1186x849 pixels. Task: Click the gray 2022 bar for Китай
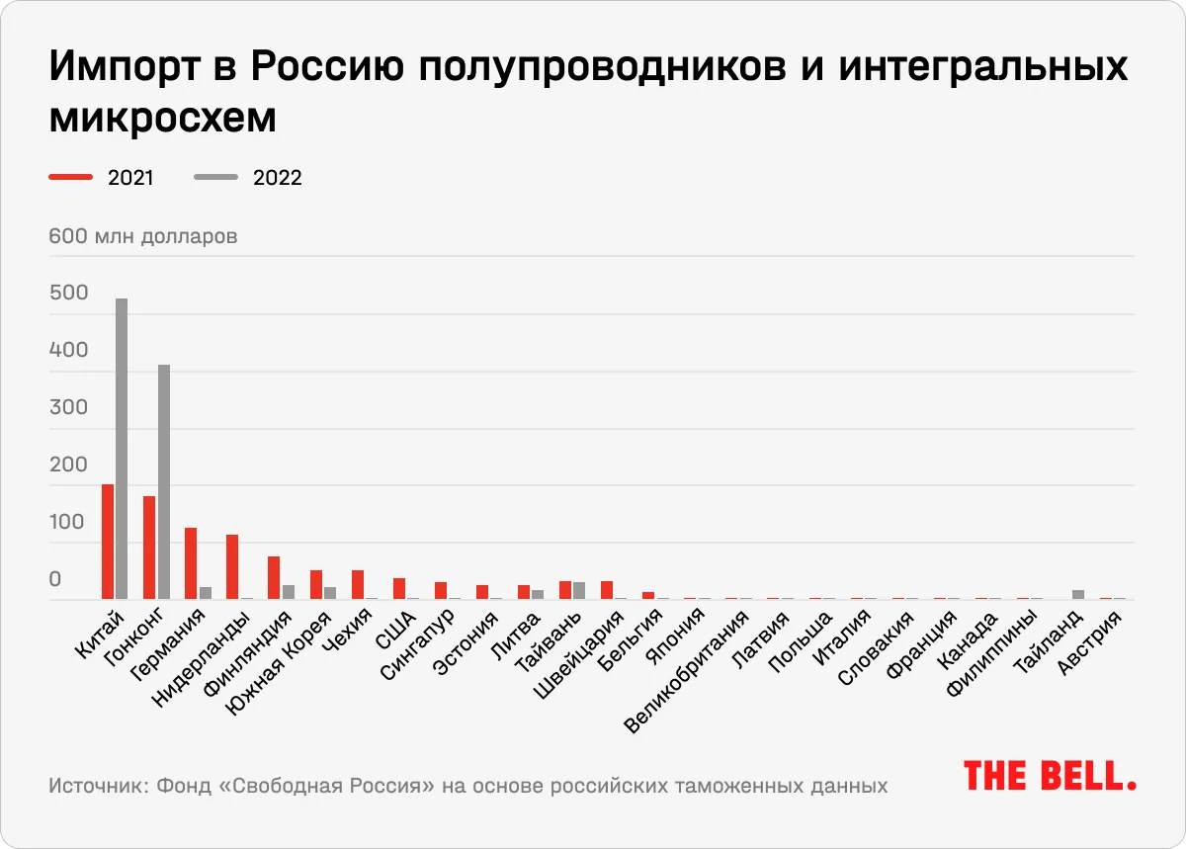[x=122, y=449]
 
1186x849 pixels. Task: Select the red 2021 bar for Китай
[x=108, y=542]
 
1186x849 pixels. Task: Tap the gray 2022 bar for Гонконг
[x=164, y=482]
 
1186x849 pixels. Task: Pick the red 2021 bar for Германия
[x=191, y=563]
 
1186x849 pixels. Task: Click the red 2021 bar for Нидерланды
[x=232, y=566]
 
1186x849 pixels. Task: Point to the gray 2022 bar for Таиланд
[x=1078, y=594]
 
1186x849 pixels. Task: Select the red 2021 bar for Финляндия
[x=274, y=577]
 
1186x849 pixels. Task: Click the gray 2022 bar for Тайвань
[x=579, y=590]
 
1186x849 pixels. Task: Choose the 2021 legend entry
[x=102, y=178]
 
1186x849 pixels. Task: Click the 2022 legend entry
[x=248, y=178]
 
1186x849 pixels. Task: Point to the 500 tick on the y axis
[x=69, y=294]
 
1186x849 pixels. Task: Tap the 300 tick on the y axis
[x=69, y=407]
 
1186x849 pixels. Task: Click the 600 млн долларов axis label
[x=143, y=237]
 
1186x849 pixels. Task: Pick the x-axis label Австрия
[x=1091, y=643]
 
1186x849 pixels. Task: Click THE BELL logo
[x=1049, y=775]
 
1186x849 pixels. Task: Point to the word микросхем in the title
[x=162, y=118]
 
